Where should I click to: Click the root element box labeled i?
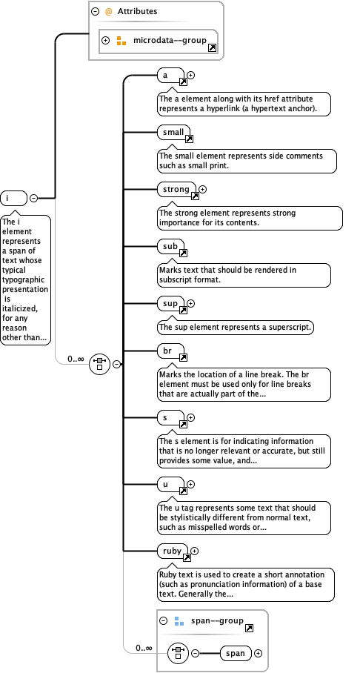click(x=14, y=198)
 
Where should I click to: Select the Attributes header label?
click(x=136, y=12)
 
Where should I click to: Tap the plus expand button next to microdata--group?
click(x=105, y=40)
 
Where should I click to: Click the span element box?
click(x=236, y=653)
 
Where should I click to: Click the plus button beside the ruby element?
click(x=195, y=551)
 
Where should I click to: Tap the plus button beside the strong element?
click(x=203, y=190)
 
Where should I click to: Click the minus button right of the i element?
click(x=34, y=198)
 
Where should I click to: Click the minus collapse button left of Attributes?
click(x=95, y=12)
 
